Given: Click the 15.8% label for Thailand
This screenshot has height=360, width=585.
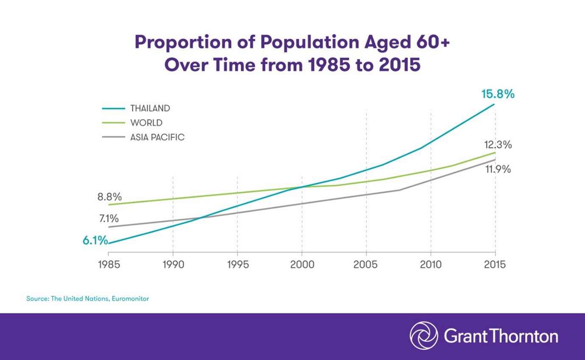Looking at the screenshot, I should (498, 94).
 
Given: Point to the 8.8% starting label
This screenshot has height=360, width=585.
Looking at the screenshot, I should (109, 197).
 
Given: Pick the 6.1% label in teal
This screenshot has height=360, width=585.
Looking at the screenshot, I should (95, 240).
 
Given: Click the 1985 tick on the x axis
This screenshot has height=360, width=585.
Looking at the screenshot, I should (109, 265).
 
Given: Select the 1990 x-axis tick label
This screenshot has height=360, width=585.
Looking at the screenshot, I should (173, 265).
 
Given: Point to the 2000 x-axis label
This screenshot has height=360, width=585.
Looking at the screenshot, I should (302, 265).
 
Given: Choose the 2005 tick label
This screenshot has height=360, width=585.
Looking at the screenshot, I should (366, 265).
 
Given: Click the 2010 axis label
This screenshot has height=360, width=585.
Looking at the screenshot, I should (430, 265).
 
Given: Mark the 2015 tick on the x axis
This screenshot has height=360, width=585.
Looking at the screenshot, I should (495, 265).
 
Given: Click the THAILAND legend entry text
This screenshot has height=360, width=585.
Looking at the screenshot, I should (150, 109).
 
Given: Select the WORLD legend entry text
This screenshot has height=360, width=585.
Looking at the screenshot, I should (146, 123).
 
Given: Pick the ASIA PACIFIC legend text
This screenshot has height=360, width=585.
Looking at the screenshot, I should (157, 137).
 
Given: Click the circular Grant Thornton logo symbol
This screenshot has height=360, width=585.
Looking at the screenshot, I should (423, 336).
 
